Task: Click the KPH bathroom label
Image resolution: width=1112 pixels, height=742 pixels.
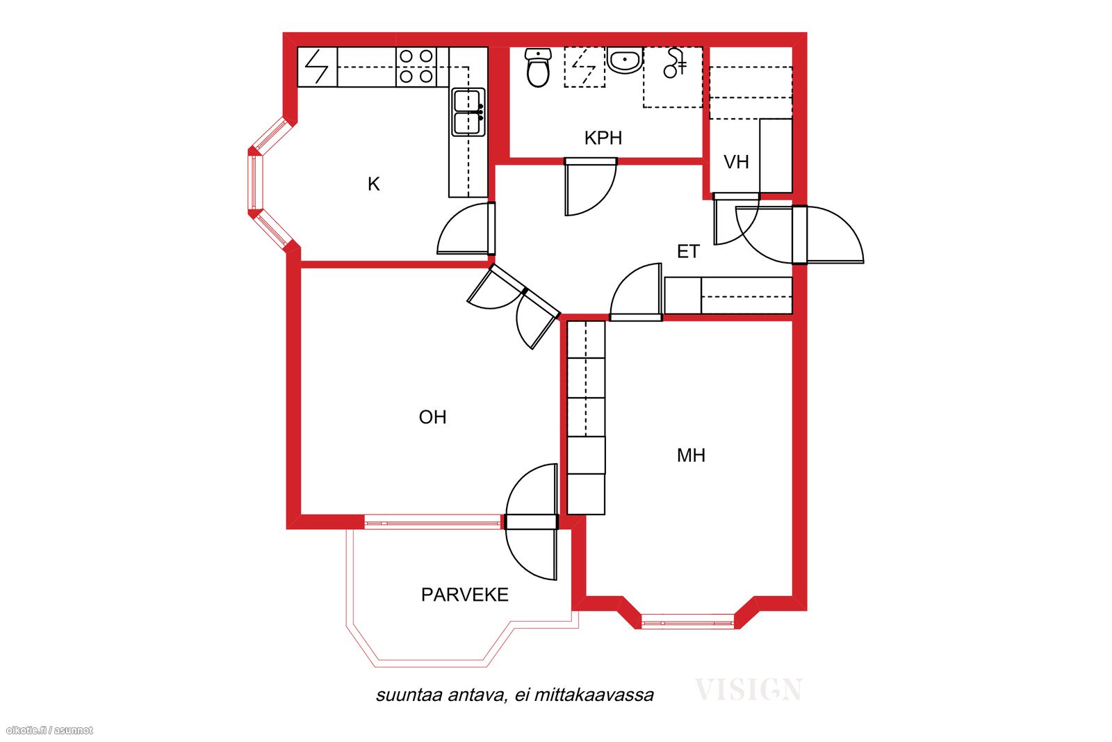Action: pyautogui.click(x=603, y=138)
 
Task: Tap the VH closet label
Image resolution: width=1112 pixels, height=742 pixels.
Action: pyautogui.click(x=736, y=162)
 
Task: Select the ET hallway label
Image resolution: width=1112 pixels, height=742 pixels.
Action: pyautogui.click(x=688, y=251)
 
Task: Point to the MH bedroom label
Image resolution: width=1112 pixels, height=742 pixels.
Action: pyautogui.click(x=691, y=455)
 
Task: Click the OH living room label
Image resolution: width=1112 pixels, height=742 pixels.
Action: pyautogui.click(x=432, y=417)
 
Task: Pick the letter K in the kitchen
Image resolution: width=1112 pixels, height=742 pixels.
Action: pyautogui.click(x=373, y=184)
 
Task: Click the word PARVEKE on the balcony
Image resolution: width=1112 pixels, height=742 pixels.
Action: pyautogui.click(x=465, y=595)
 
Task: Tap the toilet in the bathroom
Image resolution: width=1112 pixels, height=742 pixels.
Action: pyautogui.click(x=538, y=67)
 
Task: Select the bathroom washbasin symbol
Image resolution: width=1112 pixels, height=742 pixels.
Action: pyautogui.click(x=625, y=61)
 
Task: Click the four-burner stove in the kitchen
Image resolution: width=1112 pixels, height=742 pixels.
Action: pyautogui.click(x=416, y=67)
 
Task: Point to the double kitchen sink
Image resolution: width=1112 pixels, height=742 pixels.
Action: pyautogui.click(x=468, y=112)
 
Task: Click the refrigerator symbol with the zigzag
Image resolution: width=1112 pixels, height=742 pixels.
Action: pyautogui.click(x=317, y=67)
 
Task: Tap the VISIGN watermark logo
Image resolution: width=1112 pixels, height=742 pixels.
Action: pyautogui.click(x=748, y=689)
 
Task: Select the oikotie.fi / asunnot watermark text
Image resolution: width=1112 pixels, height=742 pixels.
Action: pyautogui.click(x=49, y=730)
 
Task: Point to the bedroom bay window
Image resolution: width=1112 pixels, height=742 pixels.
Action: pyautogui.click(x=687, y=622)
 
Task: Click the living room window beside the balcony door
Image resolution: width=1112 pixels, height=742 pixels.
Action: pyautogui.click(x=432, y=522)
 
